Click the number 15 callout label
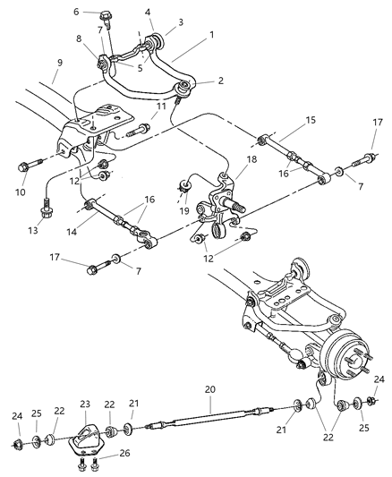point(286,119)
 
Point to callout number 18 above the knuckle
point(251,158)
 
